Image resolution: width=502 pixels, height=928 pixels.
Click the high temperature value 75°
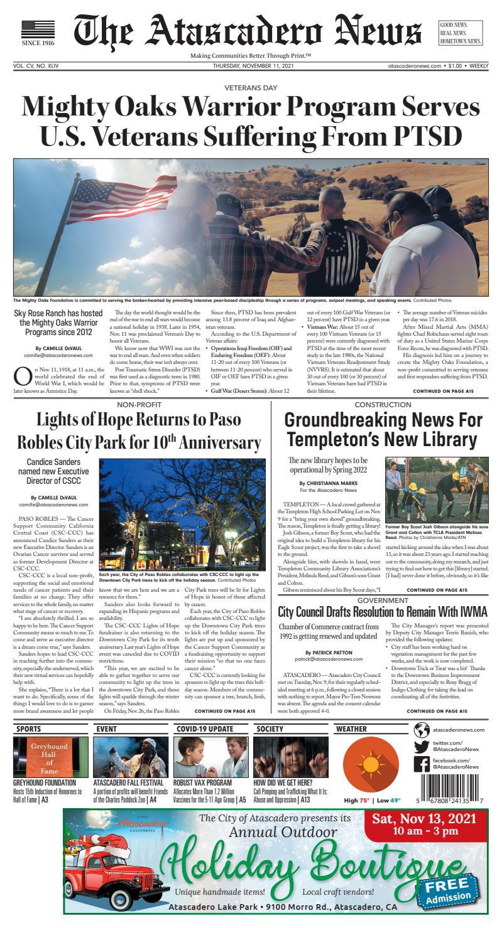click(x=364, y=800)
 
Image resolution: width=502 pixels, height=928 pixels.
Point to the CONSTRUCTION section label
click(x=385, y=405)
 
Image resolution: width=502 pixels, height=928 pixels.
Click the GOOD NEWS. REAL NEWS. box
click(x=461, y=33)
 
